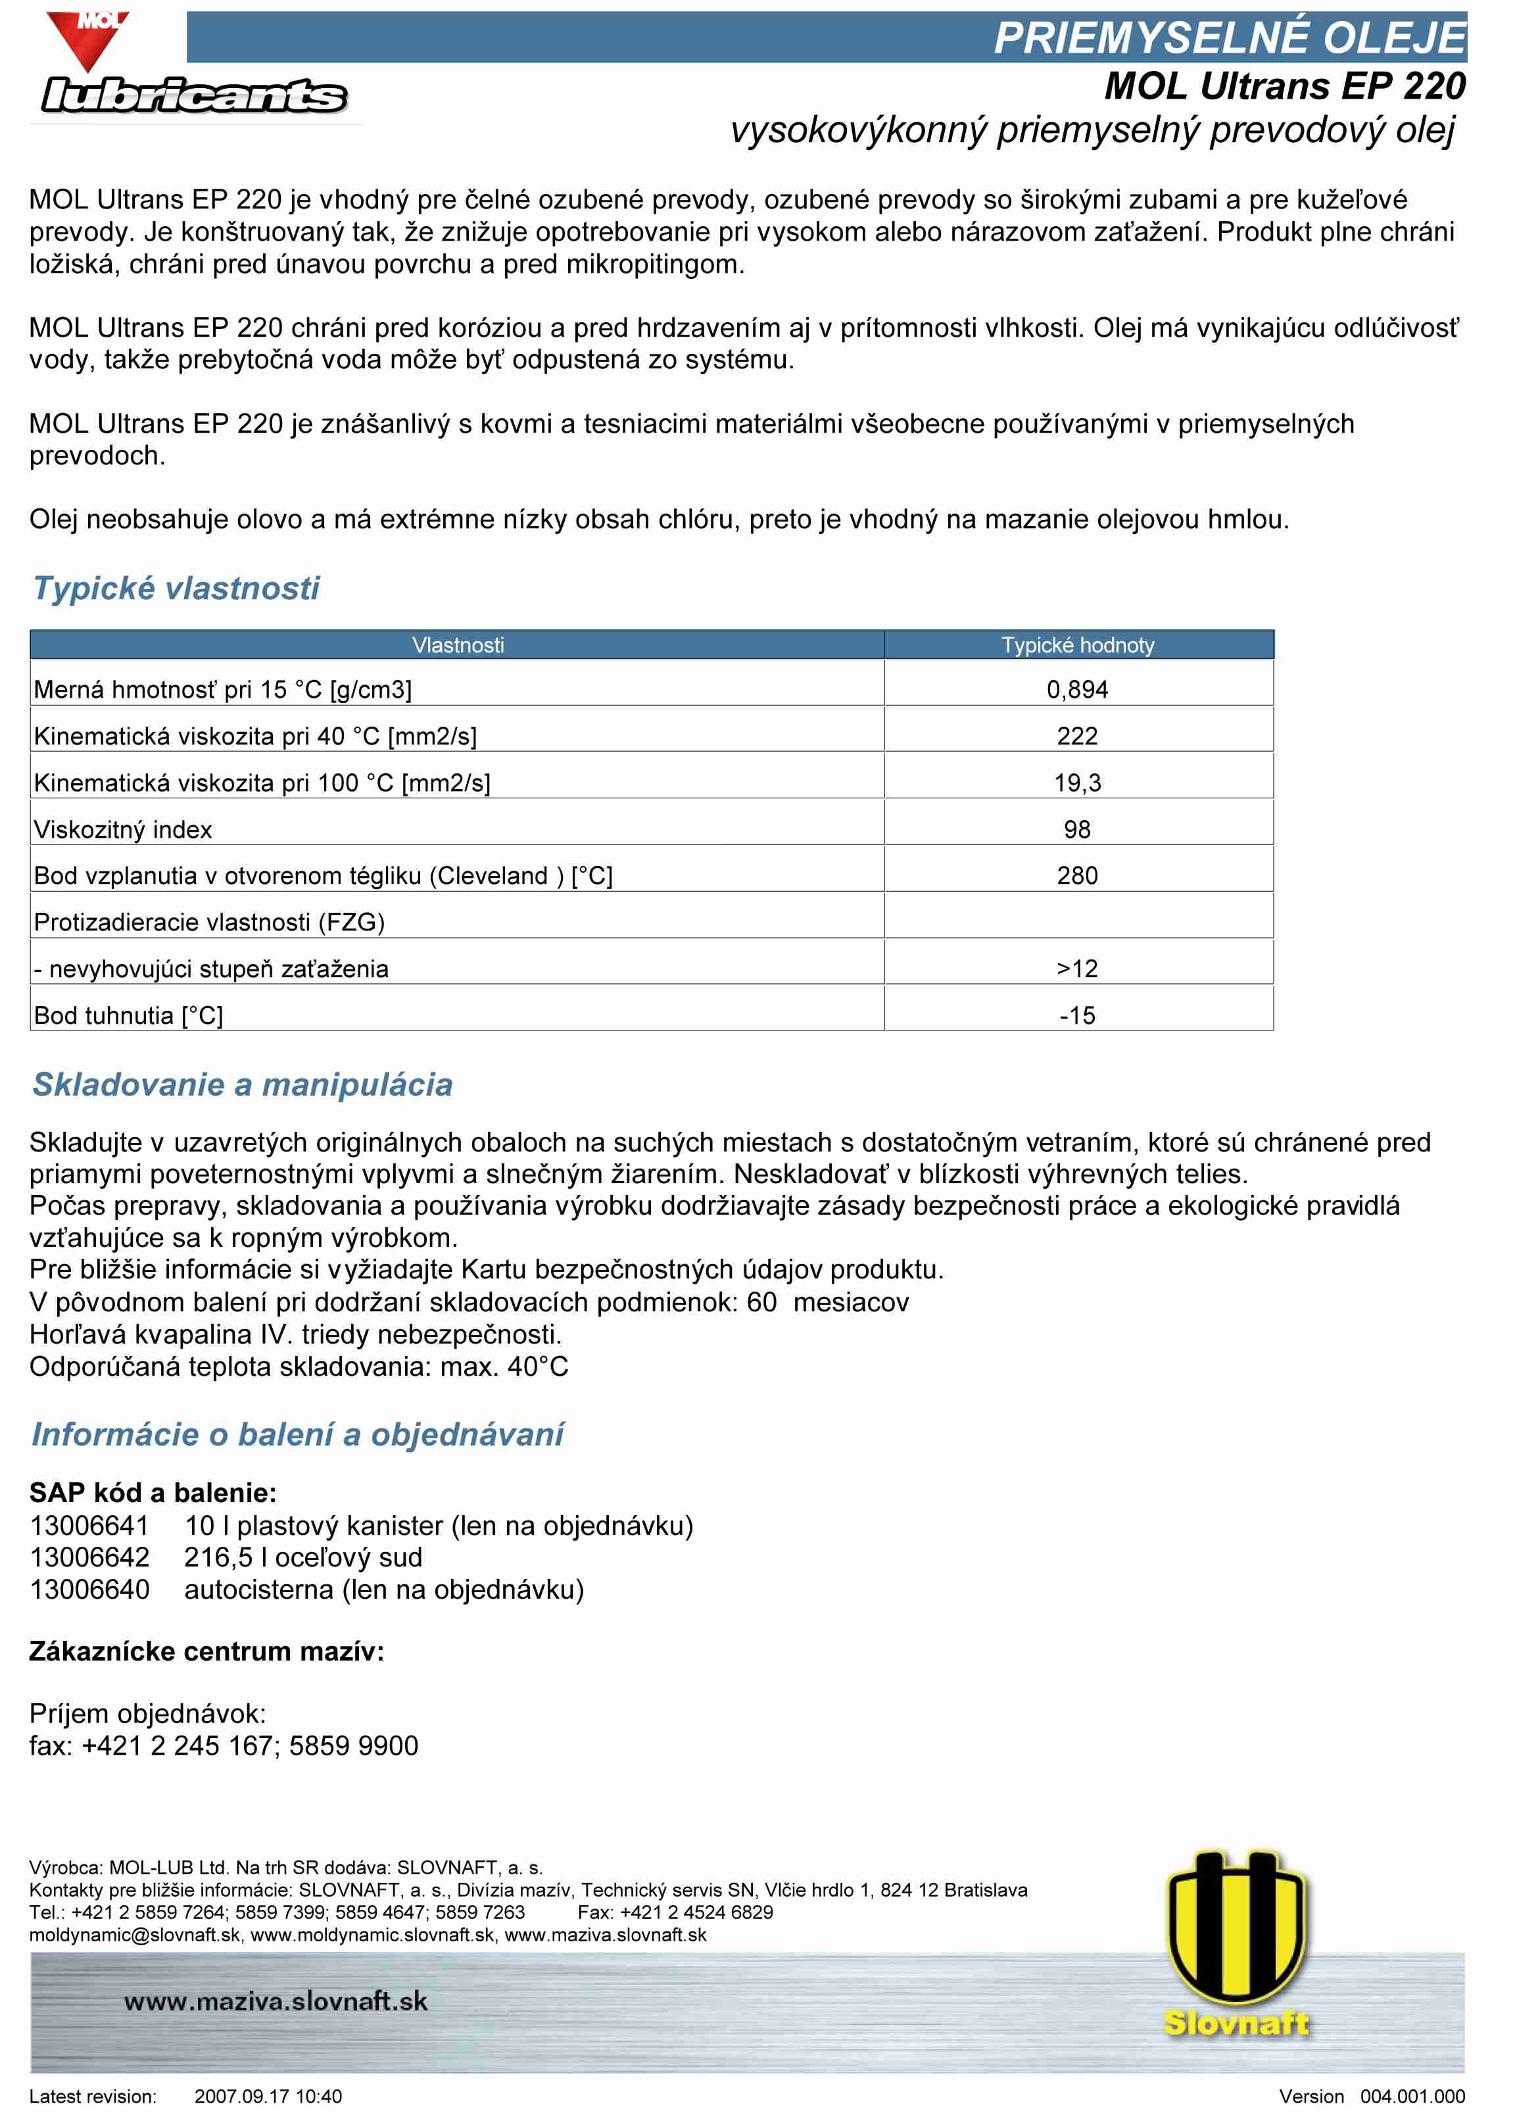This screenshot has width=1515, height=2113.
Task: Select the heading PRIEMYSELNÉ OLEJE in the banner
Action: [1229, 37]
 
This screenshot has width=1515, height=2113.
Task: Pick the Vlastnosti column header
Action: [458, 644]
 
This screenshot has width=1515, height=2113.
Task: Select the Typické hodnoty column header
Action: [1077, 644]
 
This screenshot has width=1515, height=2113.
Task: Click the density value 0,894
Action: [1077, 689]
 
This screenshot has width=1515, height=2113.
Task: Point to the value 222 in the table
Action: [1077, 736]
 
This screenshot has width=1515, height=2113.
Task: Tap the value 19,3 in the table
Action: [1077, 783]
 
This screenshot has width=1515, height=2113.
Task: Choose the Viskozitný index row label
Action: [123, 829]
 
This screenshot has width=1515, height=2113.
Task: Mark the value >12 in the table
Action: [1077, 968]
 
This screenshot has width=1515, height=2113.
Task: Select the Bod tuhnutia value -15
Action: [1077, 1015]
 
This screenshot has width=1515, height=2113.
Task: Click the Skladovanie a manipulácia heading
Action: [242, 1084]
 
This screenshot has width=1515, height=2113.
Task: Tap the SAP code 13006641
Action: [89, 1525]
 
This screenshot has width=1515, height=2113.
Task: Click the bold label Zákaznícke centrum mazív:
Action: [207, 1651]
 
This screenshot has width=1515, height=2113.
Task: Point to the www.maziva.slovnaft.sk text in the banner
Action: [276, 2001]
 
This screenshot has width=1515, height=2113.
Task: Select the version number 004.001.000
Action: [1412, 2097]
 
